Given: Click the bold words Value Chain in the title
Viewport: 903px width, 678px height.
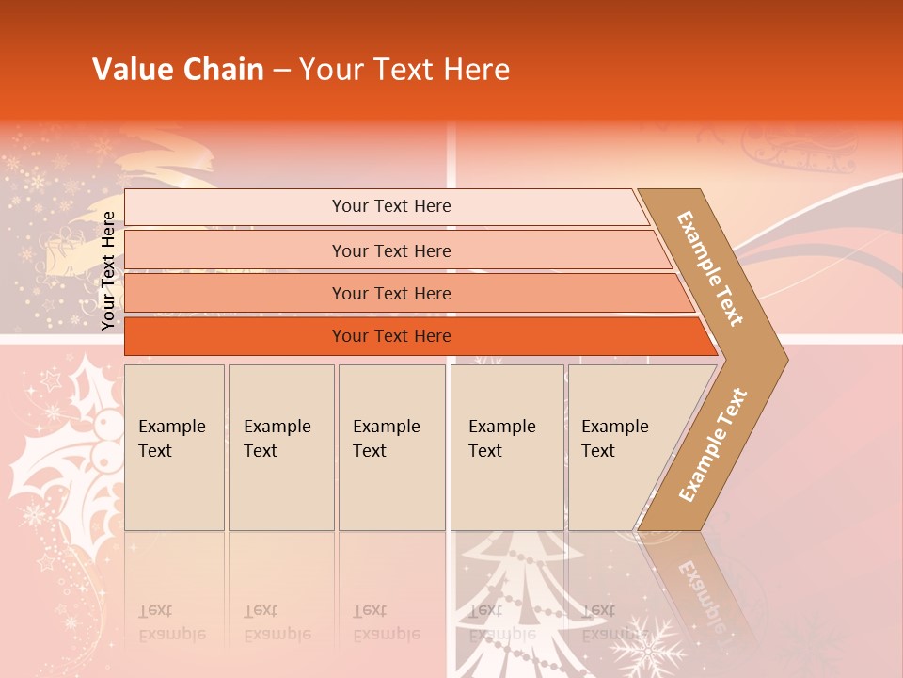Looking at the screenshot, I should point(178,70).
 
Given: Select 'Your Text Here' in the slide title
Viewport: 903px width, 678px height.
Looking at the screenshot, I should point(404,70).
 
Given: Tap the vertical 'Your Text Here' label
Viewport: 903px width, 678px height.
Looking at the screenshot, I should point(108,270).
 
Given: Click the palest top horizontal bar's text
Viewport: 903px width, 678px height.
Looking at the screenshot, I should point(391,206).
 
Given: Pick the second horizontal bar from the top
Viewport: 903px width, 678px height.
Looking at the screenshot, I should point(391,250).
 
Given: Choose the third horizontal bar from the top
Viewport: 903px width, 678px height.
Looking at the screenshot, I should point(391,293).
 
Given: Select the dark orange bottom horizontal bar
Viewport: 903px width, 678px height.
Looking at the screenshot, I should point(391,336).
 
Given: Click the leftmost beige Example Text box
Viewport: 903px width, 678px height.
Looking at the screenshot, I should point(174,446).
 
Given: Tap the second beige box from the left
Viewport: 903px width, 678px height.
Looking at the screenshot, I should point(280,446).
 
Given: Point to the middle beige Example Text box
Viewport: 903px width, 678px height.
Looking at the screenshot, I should point(391,446).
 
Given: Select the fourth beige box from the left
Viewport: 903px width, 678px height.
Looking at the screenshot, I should point(506,446).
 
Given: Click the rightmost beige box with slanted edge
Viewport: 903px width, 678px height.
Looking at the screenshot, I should point(616,446).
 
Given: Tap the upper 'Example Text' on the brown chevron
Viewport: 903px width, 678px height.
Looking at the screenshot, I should point(710,268).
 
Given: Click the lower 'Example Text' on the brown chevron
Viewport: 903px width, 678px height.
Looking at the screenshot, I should point(713,445).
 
